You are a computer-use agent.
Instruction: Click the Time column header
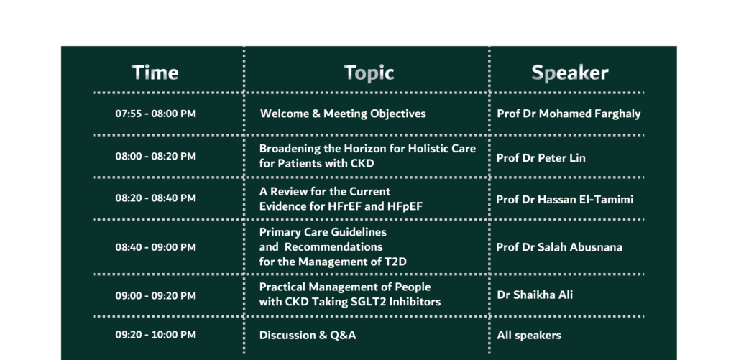pyautogui.click(x=155, y=73)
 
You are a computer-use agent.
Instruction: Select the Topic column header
pyautogui.click(x=369, y=73)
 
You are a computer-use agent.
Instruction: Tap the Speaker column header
pyautogui.click(x=570, y=73)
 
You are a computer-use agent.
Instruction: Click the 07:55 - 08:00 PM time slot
pyautogui.click(x=156, y=114)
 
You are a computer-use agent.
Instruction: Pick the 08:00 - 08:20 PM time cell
pyautogui.click(x=156, y=157)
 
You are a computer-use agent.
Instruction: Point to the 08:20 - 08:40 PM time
pyautogui.click(x=156, y=198)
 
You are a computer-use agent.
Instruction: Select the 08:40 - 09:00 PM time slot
pyautogui.click(x=156, y=247)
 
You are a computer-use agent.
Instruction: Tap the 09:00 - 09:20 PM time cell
pyautogui.click(x=156, y=296)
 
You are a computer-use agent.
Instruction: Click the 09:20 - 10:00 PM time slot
pyautogui.click(x=156, y=335)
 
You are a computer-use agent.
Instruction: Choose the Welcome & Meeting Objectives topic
pyautogui.click(x=343, y=114)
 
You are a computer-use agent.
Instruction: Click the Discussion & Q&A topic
pyautogui.click(x=308, y=335)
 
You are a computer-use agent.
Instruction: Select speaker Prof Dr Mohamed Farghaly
pyautogui.click(x=569, y=114)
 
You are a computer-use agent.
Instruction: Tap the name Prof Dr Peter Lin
pyautogui.click(x=540, y=158)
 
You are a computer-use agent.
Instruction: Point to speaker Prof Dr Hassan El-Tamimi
pyautogui.click(x=565, y=200)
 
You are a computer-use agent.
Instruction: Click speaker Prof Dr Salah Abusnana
pyautogui.click(x=559, y=247)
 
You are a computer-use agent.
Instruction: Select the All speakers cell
pyautogui.click(x=529, y=336)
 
